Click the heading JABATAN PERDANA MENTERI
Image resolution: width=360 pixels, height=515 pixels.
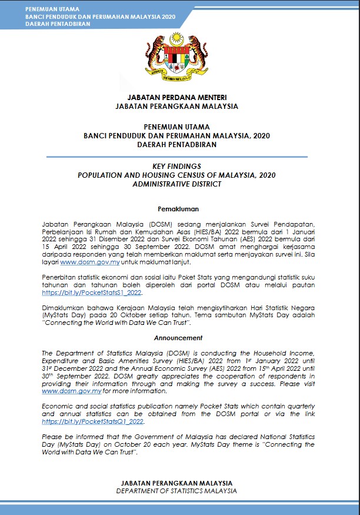click(x=176, y=97)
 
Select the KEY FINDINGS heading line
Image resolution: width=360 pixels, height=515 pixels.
click(x=176, y=167)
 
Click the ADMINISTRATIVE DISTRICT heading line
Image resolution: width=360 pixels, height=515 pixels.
click(x=176, y=184)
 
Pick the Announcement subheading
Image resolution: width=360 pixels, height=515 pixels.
click(x=178, y=338)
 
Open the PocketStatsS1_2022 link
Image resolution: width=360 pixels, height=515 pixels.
click(x=92, y=293)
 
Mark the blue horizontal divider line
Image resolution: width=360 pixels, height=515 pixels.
click(x=176, y=157)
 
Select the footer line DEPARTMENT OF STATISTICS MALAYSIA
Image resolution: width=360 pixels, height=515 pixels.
click(x=176, y=491)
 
